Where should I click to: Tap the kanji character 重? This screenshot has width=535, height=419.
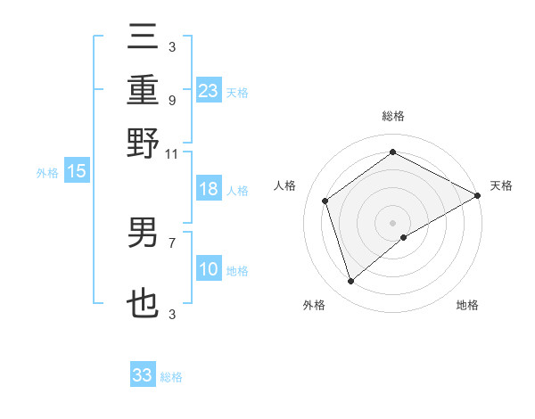point(143,90)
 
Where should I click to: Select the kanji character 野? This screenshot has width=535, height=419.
point(143,144)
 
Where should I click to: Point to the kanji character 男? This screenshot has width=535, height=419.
point(143,233)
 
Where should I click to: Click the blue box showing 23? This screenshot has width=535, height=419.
point(208,91)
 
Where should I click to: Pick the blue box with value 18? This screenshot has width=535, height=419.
point(208,190)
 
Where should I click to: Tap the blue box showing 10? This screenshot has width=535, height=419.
point(208,269)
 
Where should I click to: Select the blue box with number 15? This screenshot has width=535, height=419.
point(76,172)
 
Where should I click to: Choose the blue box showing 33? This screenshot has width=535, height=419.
point(142,375)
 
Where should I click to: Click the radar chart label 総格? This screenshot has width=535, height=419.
point(392,117)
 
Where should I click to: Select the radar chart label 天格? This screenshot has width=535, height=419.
point(501,185)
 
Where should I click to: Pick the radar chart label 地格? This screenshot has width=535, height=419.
point(467,306)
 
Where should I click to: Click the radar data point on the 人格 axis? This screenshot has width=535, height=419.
point(325,201)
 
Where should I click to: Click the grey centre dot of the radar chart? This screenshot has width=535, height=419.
point(392,222)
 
